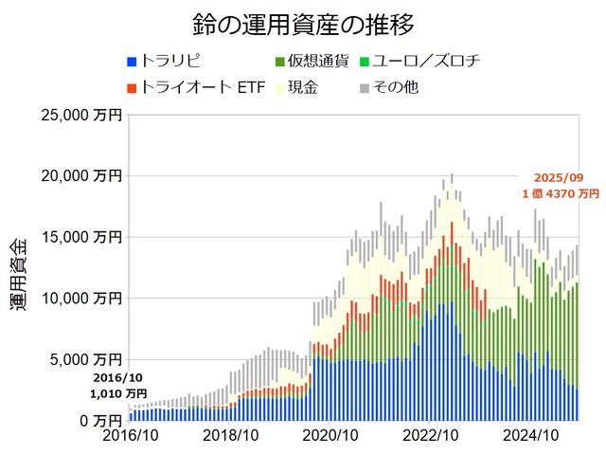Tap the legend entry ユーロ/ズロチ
coord(433,62)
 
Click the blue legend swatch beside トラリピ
coord(133,63)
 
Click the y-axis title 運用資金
coord(22,271)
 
